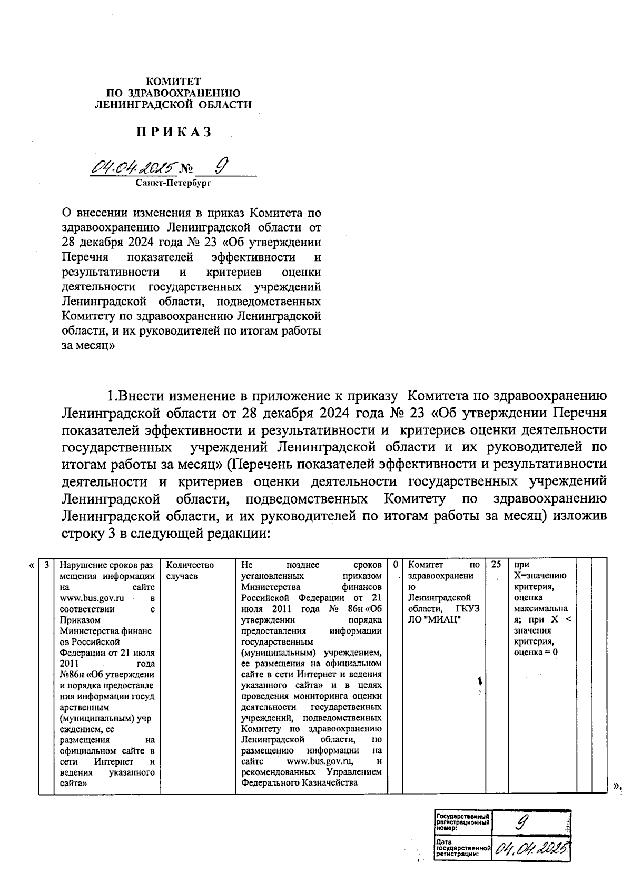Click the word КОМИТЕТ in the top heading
pyautogui.click(x=173, y=82)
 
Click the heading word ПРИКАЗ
pyautogui.click(x=174, y=132)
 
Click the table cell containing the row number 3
pyautogui.click(x=46, y=565)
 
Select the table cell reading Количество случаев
pyautogui.click(x=190, y=570)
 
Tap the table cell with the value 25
pyautogui.click(x=496, y=565)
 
